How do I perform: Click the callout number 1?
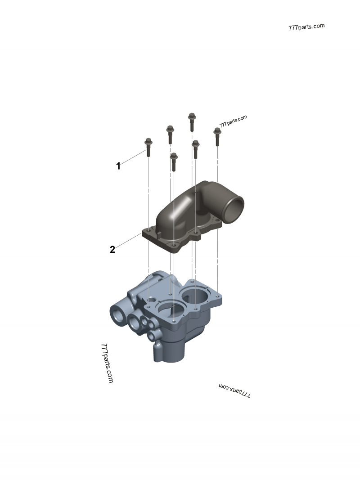[118, 166]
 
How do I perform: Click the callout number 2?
[112, 250]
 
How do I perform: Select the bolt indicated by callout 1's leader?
[148, 147]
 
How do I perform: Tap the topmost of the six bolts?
[192, 121]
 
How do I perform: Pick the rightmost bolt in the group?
[217, 136]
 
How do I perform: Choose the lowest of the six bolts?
[174, 161]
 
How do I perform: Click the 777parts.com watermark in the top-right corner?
[306, 26]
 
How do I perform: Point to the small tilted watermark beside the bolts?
[234, 121]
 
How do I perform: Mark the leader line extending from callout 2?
[128, 242]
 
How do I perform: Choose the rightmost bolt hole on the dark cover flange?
[217, 220]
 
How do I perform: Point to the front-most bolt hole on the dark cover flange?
[174, 246]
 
